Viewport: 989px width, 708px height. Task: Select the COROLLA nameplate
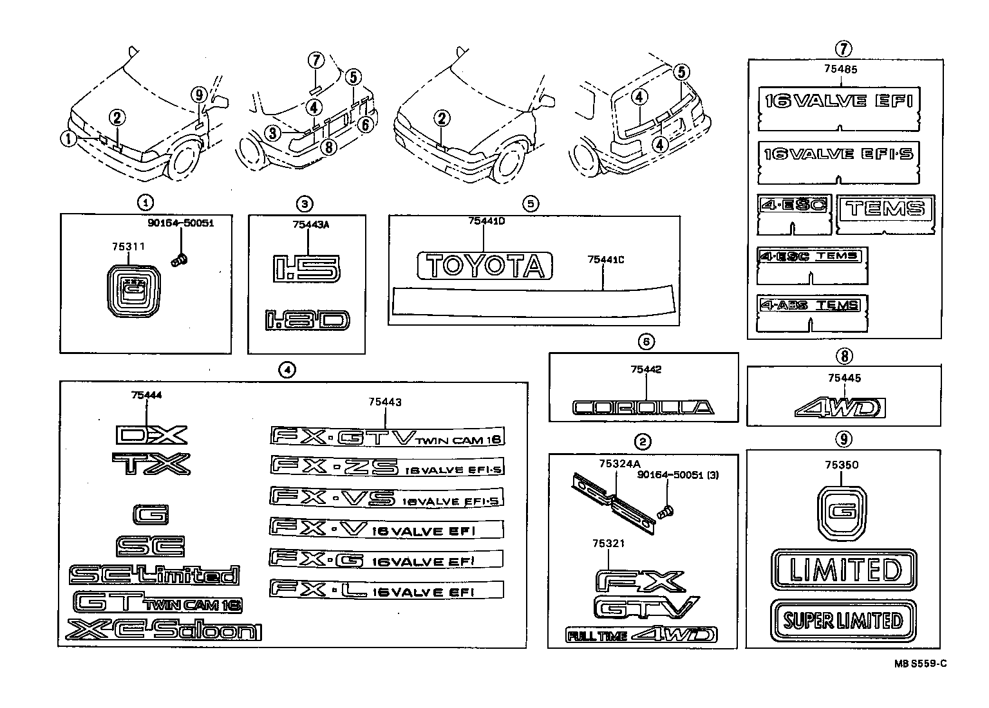click(x=643, y=407)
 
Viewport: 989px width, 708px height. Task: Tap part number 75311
click(x=128, y=246)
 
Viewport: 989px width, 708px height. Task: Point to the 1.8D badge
click(x=306, y=320)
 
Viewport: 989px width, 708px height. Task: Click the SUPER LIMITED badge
click(x=843, y=620)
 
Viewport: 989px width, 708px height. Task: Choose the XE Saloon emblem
click(x=164, y=630)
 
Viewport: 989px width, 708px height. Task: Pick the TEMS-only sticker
click(x=885, y=208)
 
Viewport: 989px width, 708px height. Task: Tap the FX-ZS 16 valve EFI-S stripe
click(x=386, y=467)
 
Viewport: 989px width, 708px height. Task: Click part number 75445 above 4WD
click(x=844, y=378)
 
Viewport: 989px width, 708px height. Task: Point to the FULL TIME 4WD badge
click(x=641, y=635)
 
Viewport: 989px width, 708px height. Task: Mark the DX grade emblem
click(x=151, y=435)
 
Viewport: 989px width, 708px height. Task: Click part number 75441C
click(x=606, y=260)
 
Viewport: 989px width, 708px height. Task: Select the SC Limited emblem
click(x=154, y=575)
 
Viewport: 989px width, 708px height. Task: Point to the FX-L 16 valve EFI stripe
click(x=386, y=589)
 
